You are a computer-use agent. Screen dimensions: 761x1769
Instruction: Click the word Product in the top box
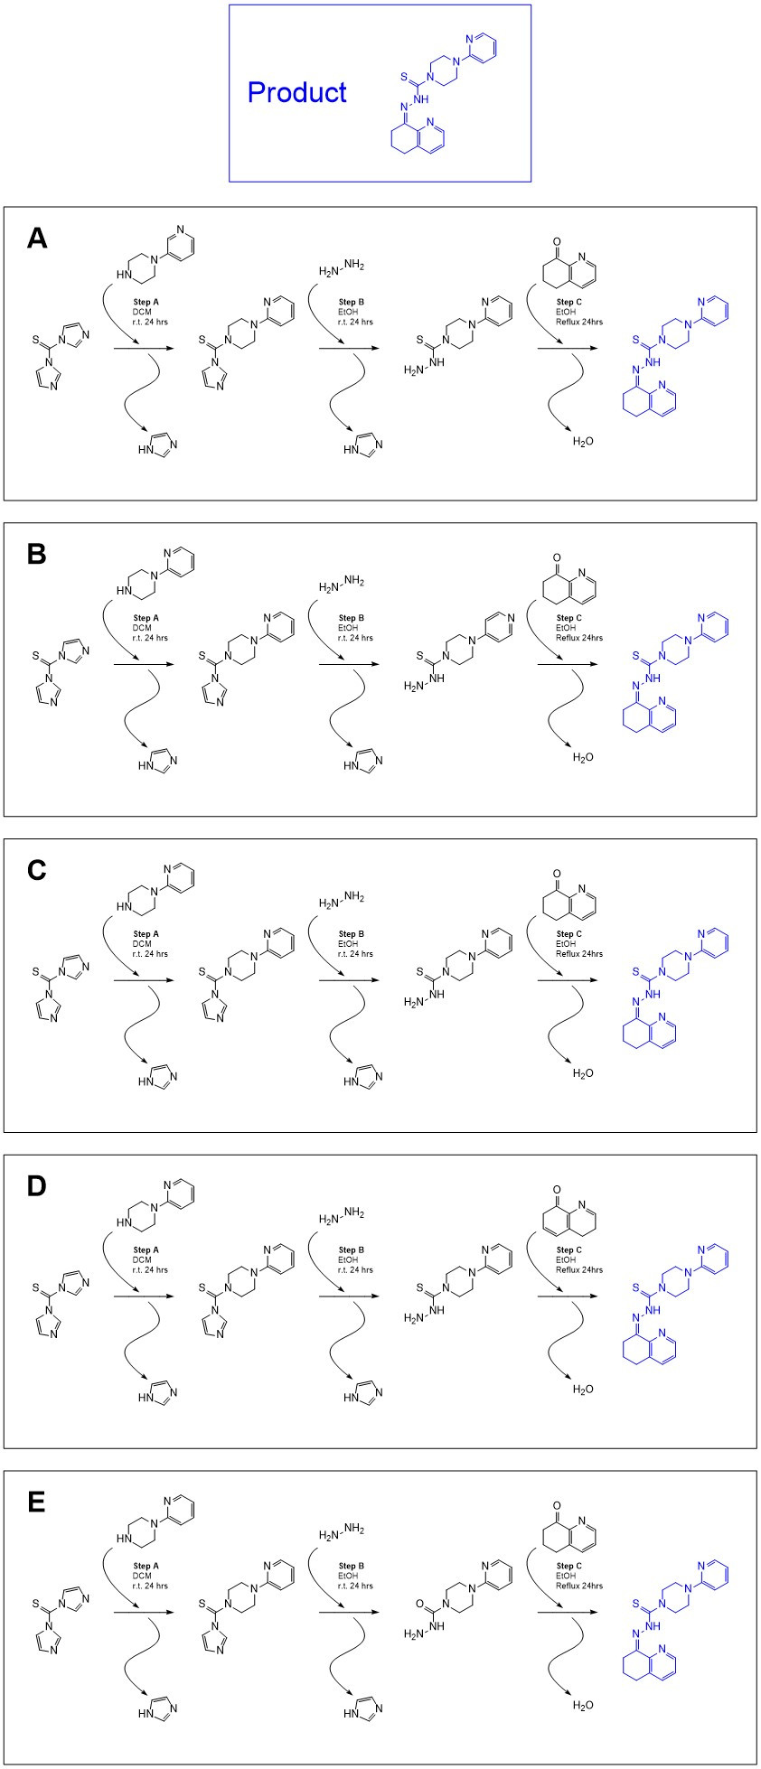pyautogui.click(x=297, y=92)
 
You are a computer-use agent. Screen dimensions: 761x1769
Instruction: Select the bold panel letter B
pyautogui.click(x=37, y=554)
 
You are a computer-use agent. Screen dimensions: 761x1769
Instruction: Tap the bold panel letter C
pyautogui.click(x=37, y=870)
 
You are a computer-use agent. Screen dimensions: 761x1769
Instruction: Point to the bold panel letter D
pyautogui.click(x=37, y=1186)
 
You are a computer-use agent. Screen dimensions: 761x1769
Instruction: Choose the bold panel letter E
pyautogui.click(x=37, y=1502)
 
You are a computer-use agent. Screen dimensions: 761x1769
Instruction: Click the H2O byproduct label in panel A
pyautogui.click(x=583, y=442)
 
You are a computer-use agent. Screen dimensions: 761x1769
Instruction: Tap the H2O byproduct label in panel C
pyautogui.click(x=583, y=1073)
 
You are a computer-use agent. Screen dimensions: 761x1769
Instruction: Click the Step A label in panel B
pyautogui.click(x=146, y=619)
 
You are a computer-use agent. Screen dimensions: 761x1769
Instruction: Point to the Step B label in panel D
pyautogui.click(x=352, y=1250)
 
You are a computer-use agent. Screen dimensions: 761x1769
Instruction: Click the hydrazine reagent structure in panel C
pyautogui.click(x=342, y=899)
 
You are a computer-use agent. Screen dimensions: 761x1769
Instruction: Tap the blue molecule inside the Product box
pyautogui.click(x=442, y=96)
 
